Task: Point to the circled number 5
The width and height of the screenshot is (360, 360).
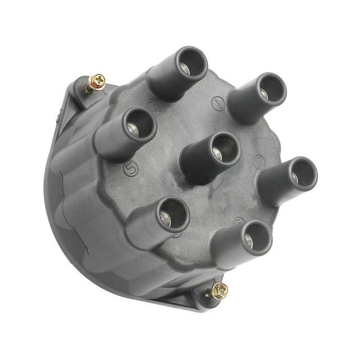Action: [131, 168]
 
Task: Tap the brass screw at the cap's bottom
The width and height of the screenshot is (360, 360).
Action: [218, 289]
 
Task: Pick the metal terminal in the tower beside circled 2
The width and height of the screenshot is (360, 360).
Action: [295, 177]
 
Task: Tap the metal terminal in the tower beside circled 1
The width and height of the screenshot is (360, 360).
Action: [264, 94]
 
